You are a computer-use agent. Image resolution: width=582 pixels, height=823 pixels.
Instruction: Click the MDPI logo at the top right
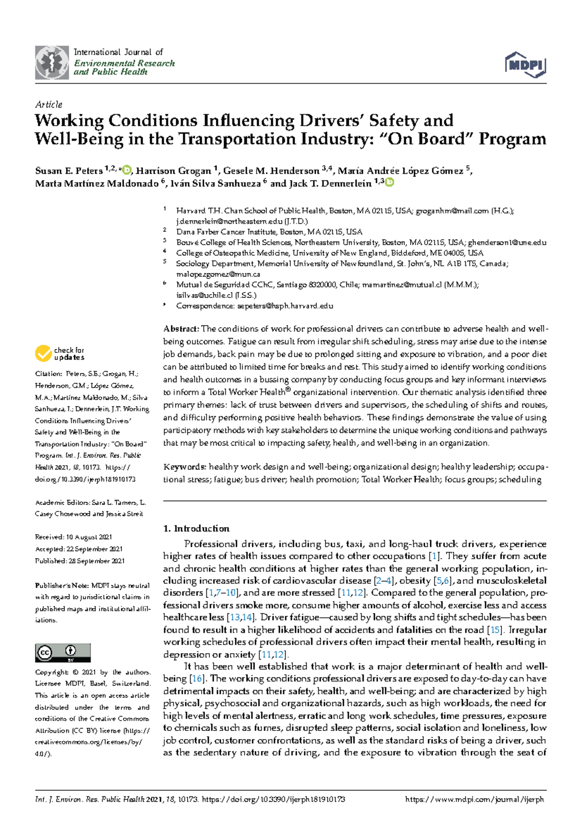[x=526, y=65]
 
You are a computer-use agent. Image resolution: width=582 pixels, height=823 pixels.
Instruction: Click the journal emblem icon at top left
[x=52, y=63]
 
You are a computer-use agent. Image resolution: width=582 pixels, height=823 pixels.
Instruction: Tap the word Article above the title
[x=48, y=104]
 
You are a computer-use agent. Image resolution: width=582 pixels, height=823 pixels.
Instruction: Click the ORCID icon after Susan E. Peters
[x=127, y=170]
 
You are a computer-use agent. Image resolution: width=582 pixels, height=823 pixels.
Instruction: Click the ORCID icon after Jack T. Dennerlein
[x=389, y=182]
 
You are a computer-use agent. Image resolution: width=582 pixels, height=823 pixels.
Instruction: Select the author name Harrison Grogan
[x=173, y=171]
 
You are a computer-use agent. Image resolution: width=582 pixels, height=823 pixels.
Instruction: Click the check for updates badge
[x=59, y=353]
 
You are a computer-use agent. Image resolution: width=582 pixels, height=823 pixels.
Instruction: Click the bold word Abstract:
[x=181, y=329]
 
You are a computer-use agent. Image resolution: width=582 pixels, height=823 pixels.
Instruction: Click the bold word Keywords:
[x=185, y=467]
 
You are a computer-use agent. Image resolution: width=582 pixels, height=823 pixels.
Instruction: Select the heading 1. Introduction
[x=196, y=528]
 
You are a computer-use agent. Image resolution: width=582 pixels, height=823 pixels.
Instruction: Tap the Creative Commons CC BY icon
[x=63, y=653]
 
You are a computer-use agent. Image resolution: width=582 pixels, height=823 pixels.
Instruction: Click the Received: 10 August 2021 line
[x=73, y=537]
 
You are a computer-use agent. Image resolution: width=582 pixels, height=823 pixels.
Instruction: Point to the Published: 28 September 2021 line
[x=80, y=561]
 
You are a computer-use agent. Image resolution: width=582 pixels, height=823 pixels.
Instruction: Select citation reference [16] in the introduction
[x=196, y=679]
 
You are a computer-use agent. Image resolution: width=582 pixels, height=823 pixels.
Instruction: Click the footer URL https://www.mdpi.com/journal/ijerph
[x=474, y=799]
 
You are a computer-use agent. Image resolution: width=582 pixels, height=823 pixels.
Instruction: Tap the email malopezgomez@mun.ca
[x=218, y=274]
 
